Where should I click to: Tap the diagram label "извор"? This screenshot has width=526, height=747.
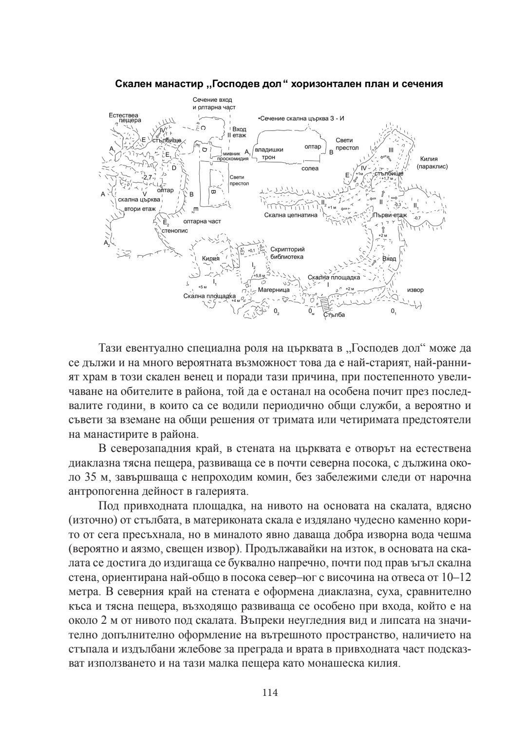pyautogui.click(x=415, y=290)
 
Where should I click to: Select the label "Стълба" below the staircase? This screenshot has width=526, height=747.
pyautogui.click(x=334, y=315)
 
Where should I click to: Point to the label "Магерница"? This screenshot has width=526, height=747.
pyautogui.click(x=273, y=289)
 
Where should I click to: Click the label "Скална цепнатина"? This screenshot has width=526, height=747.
pyautogui.click(x=291, y=215)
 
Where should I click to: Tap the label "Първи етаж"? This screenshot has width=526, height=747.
pyautogui.click(x=389, y=215)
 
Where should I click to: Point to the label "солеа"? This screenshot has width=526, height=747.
pyautogui.click(x=310, y=168)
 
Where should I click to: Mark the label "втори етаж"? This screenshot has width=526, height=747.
pyautogui.click(x=140, y=208)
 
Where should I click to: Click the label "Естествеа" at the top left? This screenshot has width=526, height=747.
pyautogui.click(x=123, y=115)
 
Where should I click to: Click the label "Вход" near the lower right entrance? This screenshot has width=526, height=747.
pyautogui.click(x=389, y=259)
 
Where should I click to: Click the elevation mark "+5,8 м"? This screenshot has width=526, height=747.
pyautogui.click(x=259, y=276)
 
